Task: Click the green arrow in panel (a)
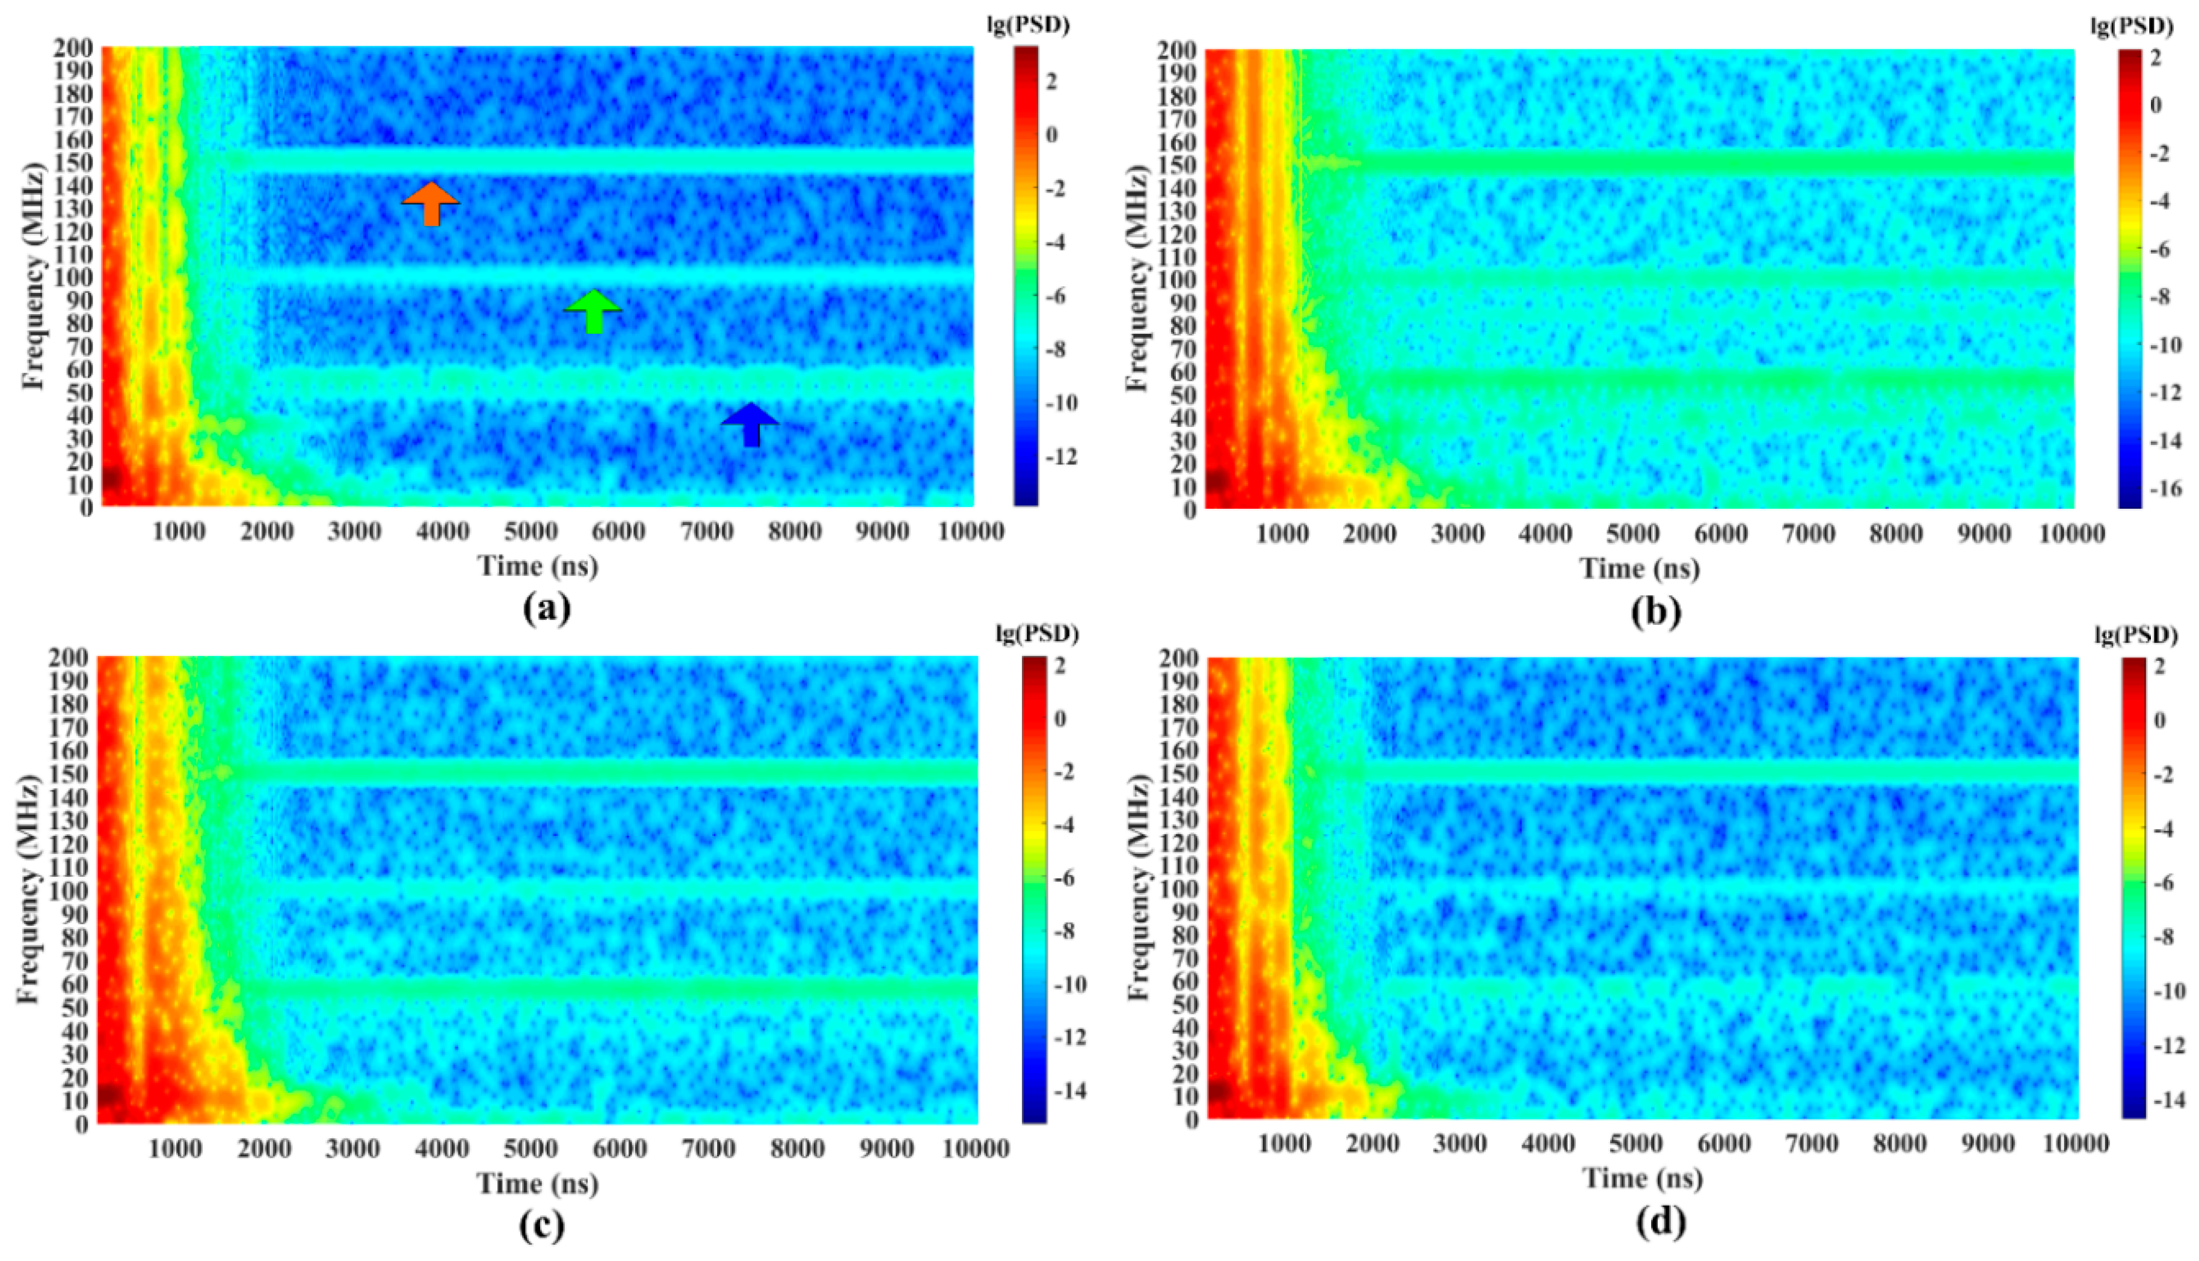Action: pyautogui.click(x=593, y=311)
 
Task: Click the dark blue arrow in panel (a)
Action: pyautogui.click(x=750, y=425)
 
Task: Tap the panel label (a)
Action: pyautogui.click(x=547, y=608)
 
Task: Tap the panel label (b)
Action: pyautogui.click(x=1655, y=612)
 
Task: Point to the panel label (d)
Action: pyautogui.click(x=1660, y=1222)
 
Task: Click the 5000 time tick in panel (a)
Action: pyautogui.click(x=531, y=531)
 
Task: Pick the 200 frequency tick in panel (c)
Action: pyautogui.click(x=73, y=659)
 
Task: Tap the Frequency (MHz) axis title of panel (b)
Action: pyautogui.click(x=1137, y=275)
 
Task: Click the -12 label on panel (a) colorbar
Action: pyautogui.click(x=1059, y=456)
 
